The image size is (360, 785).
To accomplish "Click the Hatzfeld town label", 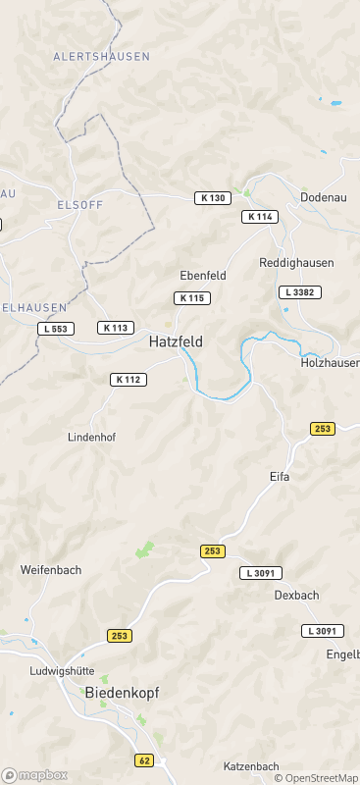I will pyautogui.click(x=177, y=342).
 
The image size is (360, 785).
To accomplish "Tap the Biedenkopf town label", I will pyautogui.click(x=122, y=692).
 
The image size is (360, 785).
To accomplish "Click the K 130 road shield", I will pyautogui.click(x=212, y=198).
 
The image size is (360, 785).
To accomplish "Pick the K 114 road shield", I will pyautogui.click(x=260, y=217).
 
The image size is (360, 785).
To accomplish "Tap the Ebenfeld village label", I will pyautogui.click(x=203, y=276).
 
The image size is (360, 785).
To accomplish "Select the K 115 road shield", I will pyautogui.click(x=191, y=298).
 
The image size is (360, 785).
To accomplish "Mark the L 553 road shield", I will pyautogui.click(x=56, y=329).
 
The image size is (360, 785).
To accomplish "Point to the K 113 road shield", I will pyautogui.click(x=116, y=328).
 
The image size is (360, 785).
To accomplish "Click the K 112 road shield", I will pyautogui.click(x=129, y=380).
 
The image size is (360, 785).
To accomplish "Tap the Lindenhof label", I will pyautogui.click(x=91, y=437).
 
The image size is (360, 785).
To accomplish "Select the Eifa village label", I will pyautogui.click(x=281, y=476).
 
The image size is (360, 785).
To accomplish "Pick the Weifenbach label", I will pyautogui.click(x=51, y=569).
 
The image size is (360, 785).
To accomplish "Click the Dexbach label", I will pyautogui.click(x=296, y=595).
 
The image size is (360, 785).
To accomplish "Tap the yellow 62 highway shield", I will pyautogui.click(x=144, y=760).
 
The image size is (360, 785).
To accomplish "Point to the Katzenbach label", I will pyautogui.click(x=251, y=766).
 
